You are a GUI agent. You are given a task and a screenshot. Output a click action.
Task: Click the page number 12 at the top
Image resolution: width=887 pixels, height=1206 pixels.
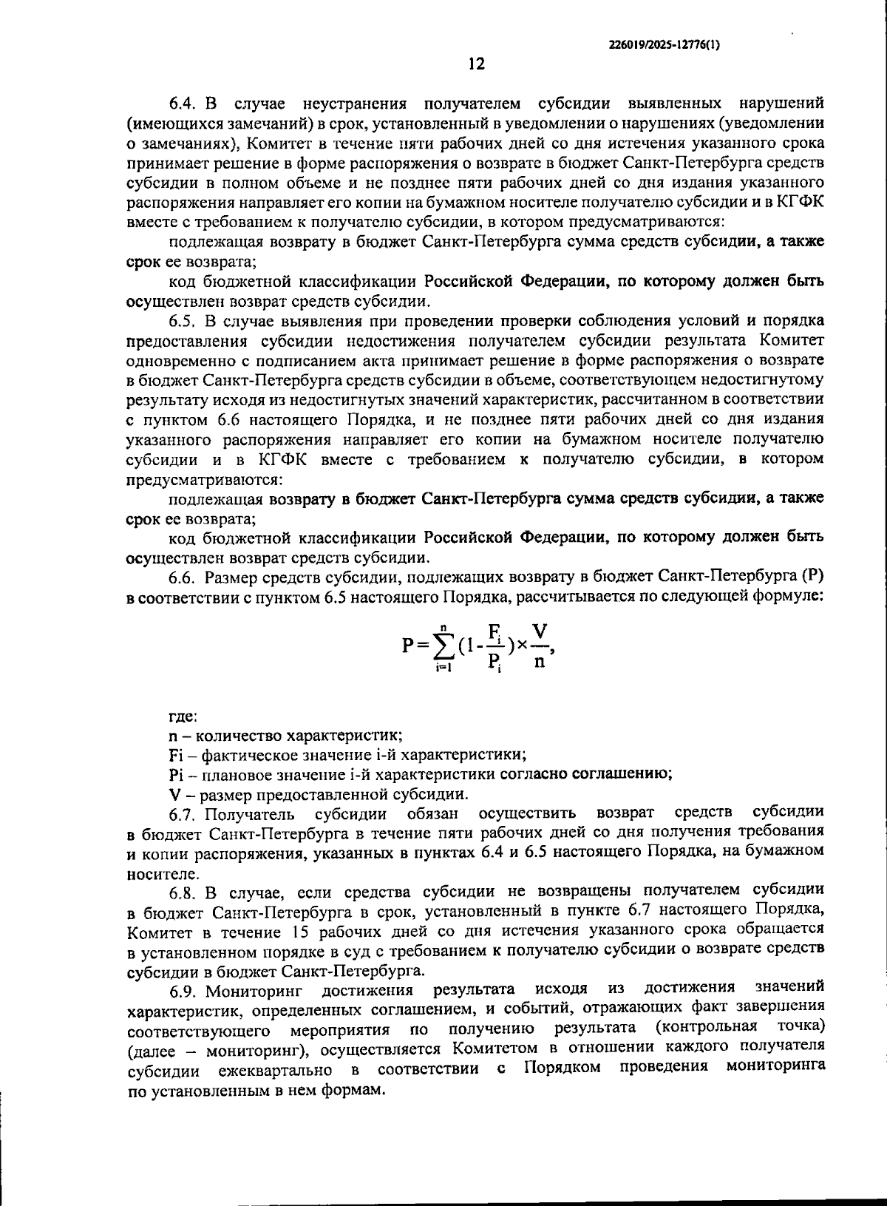476,64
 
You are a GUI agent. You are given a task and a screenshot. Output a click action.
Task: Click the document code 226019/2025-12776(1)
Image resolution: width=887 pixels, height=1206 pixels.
663,44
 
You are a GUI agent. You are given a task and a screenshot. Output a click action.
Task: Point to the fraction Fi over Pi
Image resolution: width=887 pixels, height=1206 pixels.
495,645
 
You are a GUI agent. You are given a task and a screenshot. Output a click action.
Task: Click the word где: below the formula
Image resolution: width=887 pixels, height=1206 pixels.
182,716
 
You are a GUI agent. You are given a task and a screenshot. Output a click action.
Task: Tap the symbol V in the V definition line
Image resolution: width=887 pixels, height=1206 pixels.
174,795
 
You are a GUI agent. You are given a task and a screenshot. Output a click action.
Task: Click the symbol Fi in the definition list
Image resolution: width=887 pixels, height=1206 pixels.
176,755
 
